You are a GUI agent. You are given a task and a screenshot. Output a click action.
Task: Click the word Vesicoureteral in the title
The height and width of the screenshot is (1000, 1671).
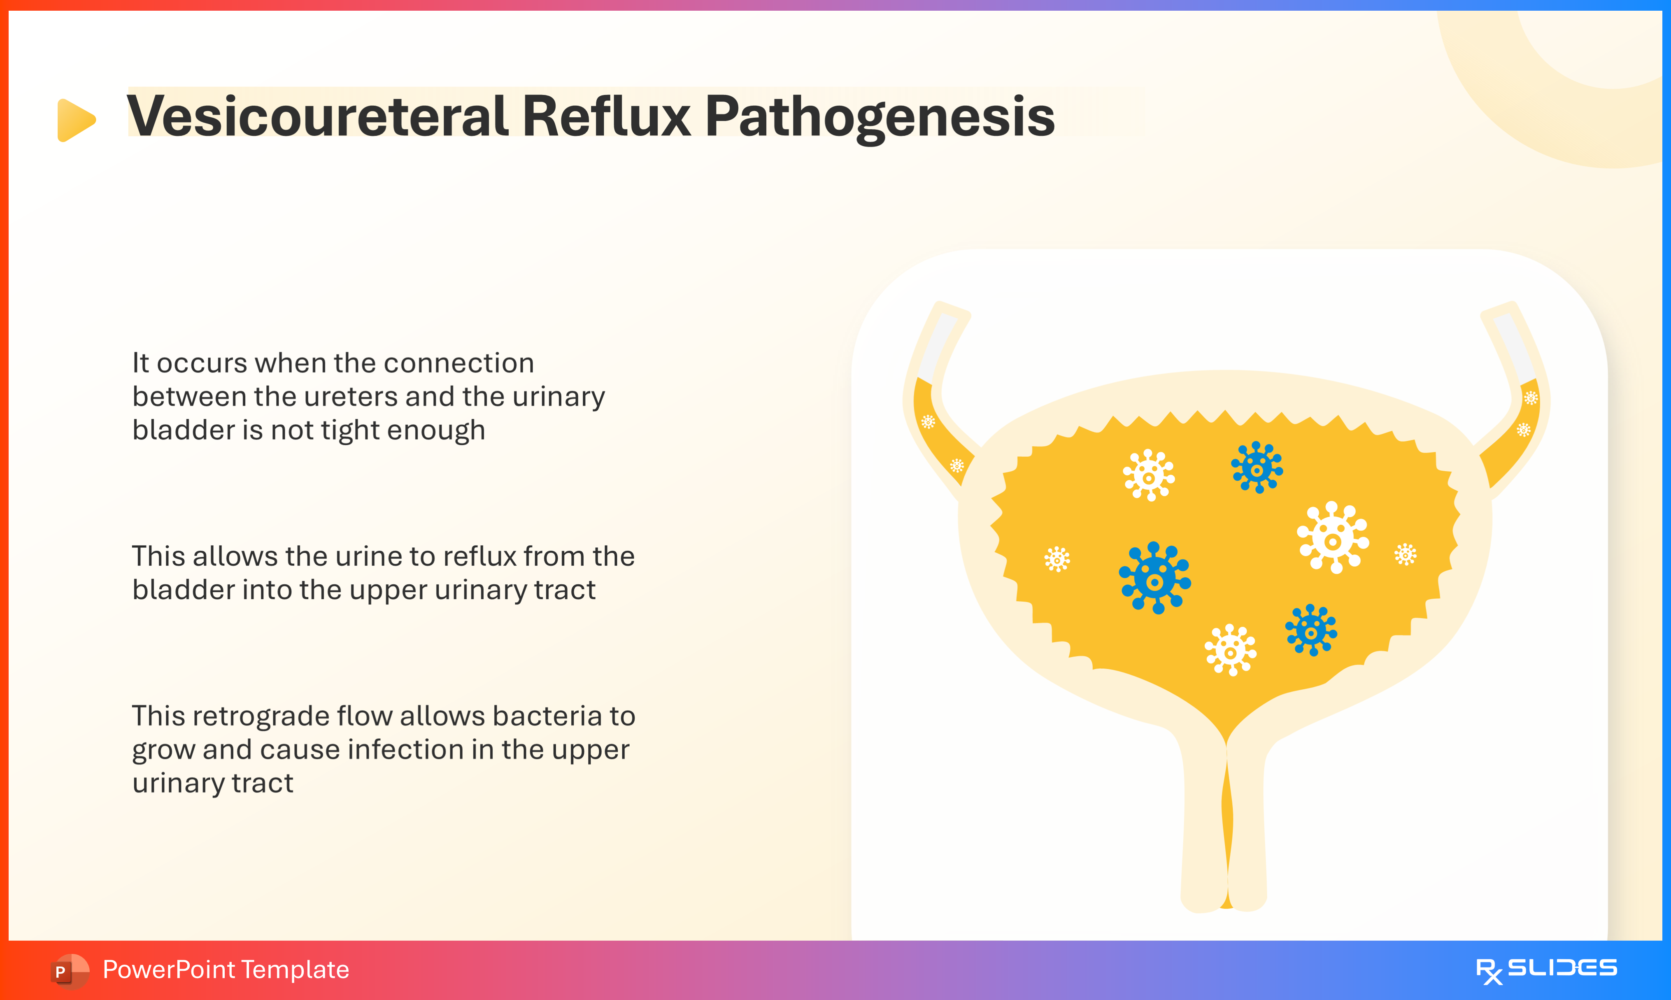point(317,116)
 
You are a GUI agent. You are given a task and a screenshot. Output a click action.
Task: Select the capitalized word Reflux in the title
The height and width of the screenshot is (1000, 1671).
point(606,116)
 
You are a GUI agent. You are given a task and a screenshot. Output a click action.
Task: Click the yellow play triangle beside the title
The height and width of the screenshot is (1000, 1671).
point(75,120)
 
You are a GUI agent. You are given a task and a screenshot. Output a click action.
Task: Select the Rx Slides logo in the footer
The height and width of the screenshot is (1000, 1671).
point(1546,970)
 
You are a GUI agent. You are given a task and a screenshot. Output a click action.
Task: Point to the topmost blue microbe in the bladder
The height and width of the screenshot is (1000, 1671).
point(1257,467)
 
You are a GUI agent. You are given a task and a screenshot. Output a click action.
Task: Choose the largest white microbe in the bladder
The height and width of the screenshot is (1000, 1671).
point(1333,538)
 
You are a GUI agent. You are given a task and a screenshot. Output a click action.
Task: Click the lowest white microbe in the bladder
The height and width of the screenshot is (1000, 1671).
point(1230,650)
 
